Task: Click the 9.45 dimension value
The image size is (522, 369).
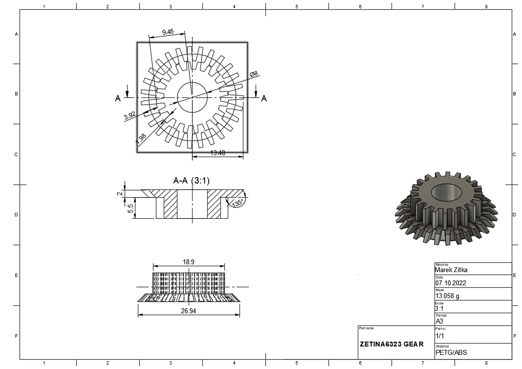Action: [x=167, y=32]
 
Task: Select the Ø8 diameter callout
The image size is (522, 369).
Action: [x=254, y=74]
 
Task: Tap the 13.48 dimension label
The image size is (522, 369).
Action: [x=217, y=153]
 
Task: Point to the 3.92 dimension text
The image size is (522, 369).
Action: [x=130, y=116]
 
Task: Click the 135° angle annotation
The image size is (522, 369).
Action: [x=238, y=203]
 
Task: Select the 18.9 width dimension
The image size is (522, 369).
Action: [x=189, y=262]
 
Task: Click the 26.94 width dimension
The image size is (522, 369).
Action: [x=189, y=311]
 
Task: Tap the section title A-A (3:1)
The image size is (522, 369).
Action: [x=192, y=181]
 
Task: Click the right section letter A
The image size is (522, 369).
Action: [x=264, y=98]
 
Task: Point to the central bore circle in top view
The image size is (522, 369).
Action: [x=193, y=97]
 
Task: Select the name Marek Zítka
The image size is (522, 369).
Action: [x=451, y=270]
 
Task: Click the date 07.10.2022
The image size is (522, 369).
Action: [x=451, y=283]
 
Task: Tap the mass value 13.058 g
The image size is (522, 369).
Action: [x=447, y=296]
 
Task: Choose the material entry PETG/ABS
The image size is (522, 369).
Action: [x=449, y=352]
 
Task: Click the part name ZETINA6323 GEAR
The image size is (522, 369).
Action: [x=391, y=344]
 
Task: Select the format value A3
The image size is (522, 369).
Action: [x=439, y=322]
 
